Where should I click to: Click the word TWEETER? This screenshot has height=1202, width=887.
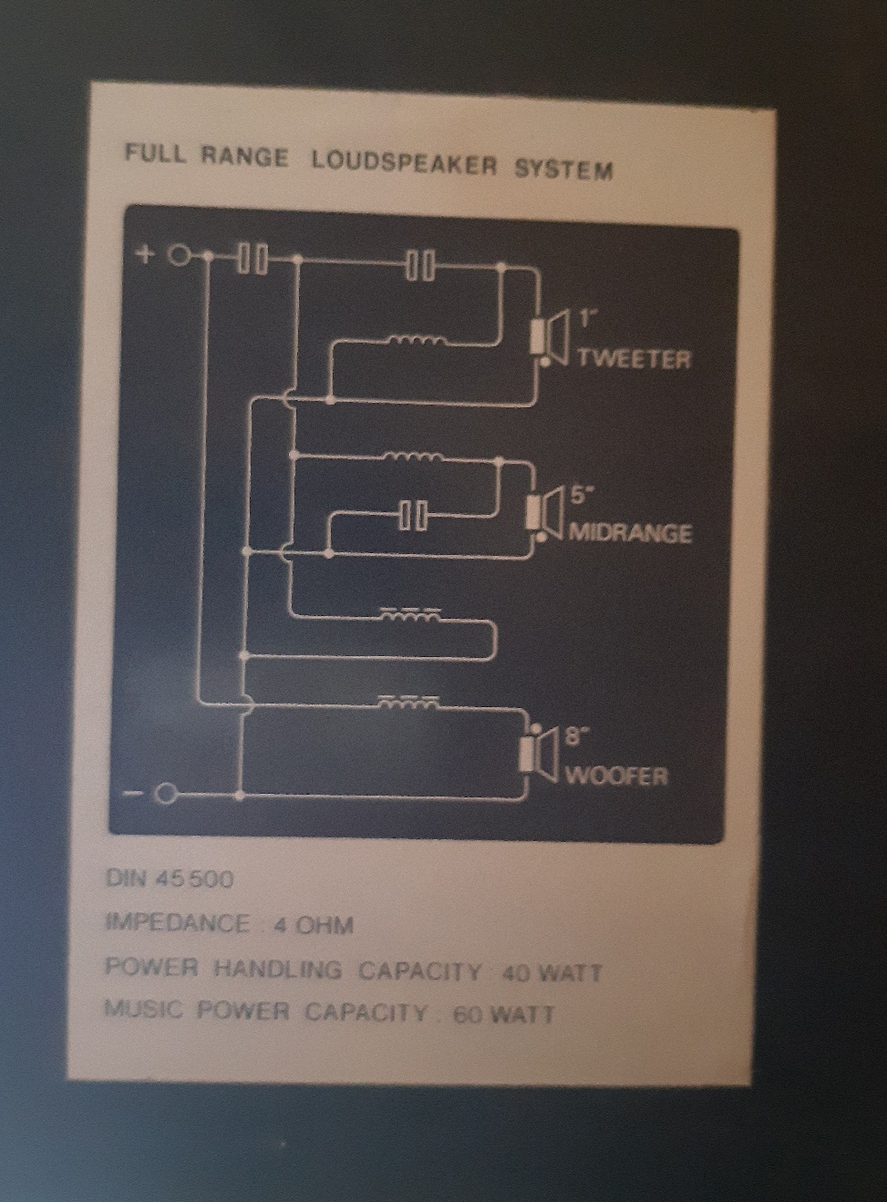pos(634,358)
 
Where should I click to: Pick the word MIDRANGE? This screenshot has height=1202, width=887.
pos(630,532)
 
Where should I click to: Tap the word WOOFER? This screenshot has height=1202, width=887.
pos(616,776)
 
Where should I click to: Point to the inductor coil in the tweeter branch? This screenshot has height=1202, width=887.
pos(417,342)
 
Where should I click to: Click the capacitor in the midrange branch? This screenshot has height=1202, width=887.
pos(414,516)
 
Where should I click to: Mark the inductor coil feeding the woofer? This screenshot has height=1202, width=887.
pos(407,703)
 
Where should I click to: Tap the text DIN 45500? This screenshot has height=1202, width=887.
pos(170,878)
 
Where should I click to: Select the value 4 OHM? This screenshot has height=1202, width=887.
pos(313,926)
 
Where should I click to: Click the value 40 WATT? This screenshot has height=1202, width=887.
pos(552,972)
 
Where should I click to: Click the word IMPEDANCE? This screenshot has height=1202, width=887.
pos(178,923)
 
